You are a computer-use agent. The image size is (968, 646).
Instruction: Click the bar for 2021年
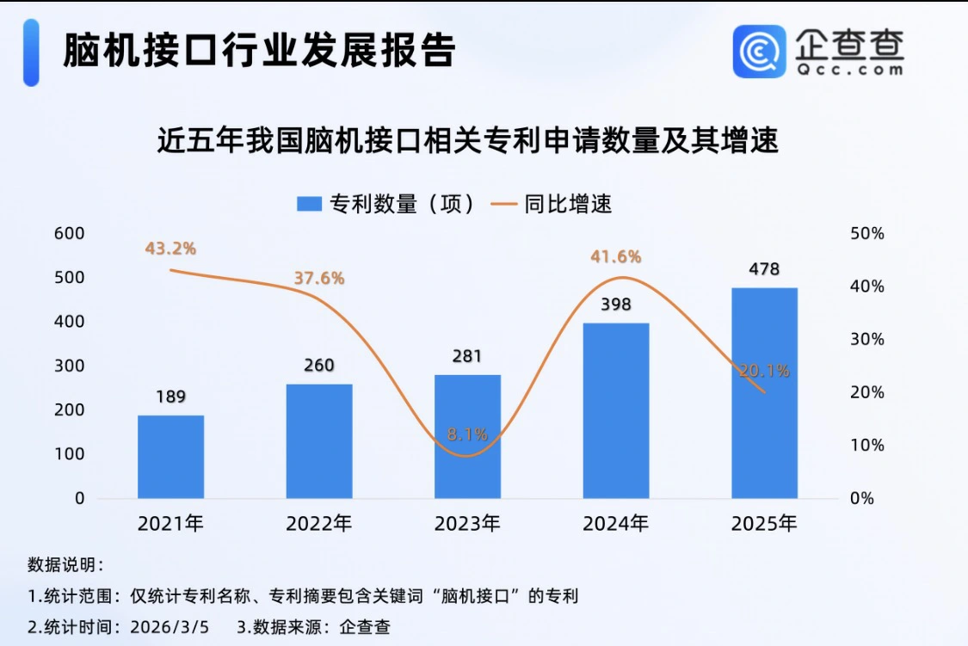coord(170,457)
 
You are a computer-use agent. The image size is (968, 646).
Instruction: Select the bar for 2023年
coord(467,437)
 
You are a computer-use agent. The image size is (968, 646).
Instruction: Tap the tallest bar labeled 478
coord(764,393)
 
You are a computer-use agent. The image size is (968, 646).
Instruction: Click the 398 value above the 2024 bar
coord(616,305)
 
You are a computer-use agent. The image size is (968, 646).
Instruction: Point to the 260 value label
coord(318,365)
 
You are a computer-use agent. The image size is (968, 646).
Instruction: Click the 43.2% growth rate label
coord(170,249)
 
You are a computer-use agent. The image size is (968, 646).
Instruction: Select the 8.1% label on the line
coord(467,434)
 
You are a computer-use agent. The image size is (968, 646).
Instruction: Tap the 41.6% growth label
coord(615,256)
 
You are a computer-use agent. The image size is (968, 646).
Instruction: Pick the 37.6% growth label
coord(318,278)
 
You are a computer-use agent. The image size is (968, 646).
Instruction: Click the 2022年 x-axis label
coord(318,524)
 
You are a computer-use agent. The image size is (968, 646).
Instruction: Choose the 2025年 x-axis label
coord(764,524)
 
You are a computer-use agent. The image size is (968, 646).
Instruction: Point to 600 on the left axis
coord(69,233)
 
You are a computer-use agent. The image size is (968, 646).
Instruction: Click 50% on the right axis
coord(867,234)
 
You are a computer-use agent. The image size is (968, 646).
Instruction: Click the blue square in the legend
coord(309,204)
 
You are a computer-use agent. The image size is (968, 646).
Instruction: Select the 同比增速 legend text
coord(568,204)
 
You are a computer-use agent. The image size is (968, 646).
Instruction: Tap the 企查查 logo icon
coord(759,52)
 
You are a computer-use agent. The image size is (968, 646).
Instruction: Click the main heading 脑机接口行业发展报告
coord(259,52)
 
